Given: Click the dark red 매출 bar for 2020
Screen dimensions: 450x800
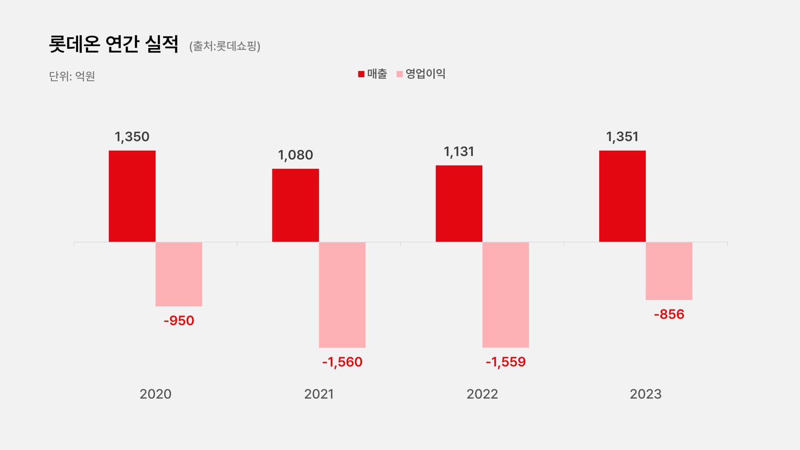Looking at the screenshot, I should (132, 196).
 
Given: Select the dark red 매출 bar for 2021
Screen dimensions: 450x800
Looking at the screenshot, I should (296, 205).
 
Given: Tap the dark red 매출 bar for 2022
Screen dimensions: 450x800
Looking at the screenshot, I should (459, 204).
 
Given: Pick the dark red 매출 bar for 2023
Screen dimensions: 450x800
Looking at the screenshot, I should (622, 196).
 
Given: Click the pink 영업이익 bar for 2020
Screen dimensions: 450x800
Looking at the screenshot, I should (179, 274).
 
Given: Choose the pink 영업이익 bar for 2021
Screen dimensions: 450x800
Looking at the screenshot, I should (342, 295).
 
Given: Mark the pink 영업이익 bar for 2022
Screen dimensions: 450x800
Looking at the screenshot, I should (506, 295).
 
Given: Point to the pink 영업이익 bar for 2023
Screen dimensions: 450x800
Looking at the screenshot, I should (669, 271).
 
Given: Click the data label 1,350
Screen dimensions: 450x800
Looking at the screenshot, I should (132, 137).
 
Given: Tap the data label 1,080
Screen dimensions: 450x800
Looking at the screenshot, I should (296, 155).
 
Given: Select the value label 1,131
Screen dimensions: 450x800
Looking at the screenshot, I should (459, 152).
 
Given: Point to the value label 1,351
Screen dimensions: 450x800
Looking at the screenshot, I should (622, 137).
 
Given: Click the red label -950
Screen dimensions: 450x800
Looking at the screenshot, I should (179, 320).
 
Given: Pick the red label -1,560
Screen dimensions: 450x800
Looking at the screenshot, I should (342, 362).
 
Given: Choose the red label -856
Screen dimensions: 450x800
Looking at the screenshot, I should (669, 314).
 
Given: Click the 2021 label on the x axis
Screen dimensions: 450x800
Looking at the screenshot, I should (319, 394).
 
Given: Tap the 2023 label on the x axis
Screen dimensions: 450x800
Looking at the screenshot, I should (646, 394).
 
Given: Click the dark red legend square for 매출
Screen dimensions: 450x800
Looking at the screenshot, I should (361, 74).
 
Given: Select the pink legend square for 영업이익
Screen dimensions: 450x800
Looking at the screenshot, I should (399, 74).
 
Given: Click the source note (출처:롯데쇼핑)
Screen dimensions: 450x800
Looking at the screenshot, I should (225, 46).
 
